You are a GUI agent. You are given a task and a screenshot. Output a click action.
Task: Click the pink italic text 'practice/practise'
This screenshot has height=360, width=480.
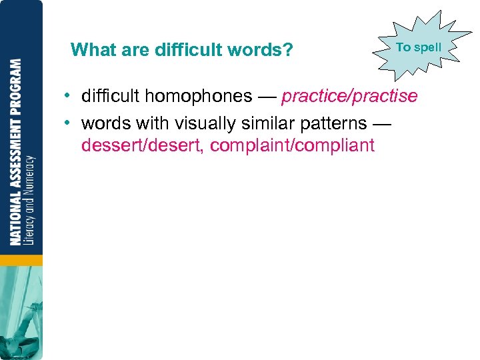pyautogui.click(x=349, y=97)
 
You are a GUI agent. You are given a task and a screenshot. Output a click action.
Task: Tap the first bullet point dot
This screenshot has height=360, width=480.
pyautogui.click(x=69, y=97)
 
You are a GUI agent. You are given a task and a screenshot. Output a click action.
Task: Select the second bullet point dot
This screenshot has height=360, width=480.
pyautogui.click(x=69, y=123)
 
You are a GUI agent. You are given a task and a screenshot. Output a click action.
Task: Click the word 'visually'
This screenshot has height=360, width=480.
pyautogui.click(x=198, y=123)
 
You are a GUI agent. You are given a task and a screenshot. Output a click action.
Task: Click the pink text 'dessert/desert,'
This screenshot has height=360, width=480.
pyautogui.click(x=143, y=145)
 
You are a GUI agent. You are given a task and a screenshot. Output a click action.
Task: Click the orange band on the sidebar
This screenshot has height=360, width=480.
pyautogui.click(x=21, y=259)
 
